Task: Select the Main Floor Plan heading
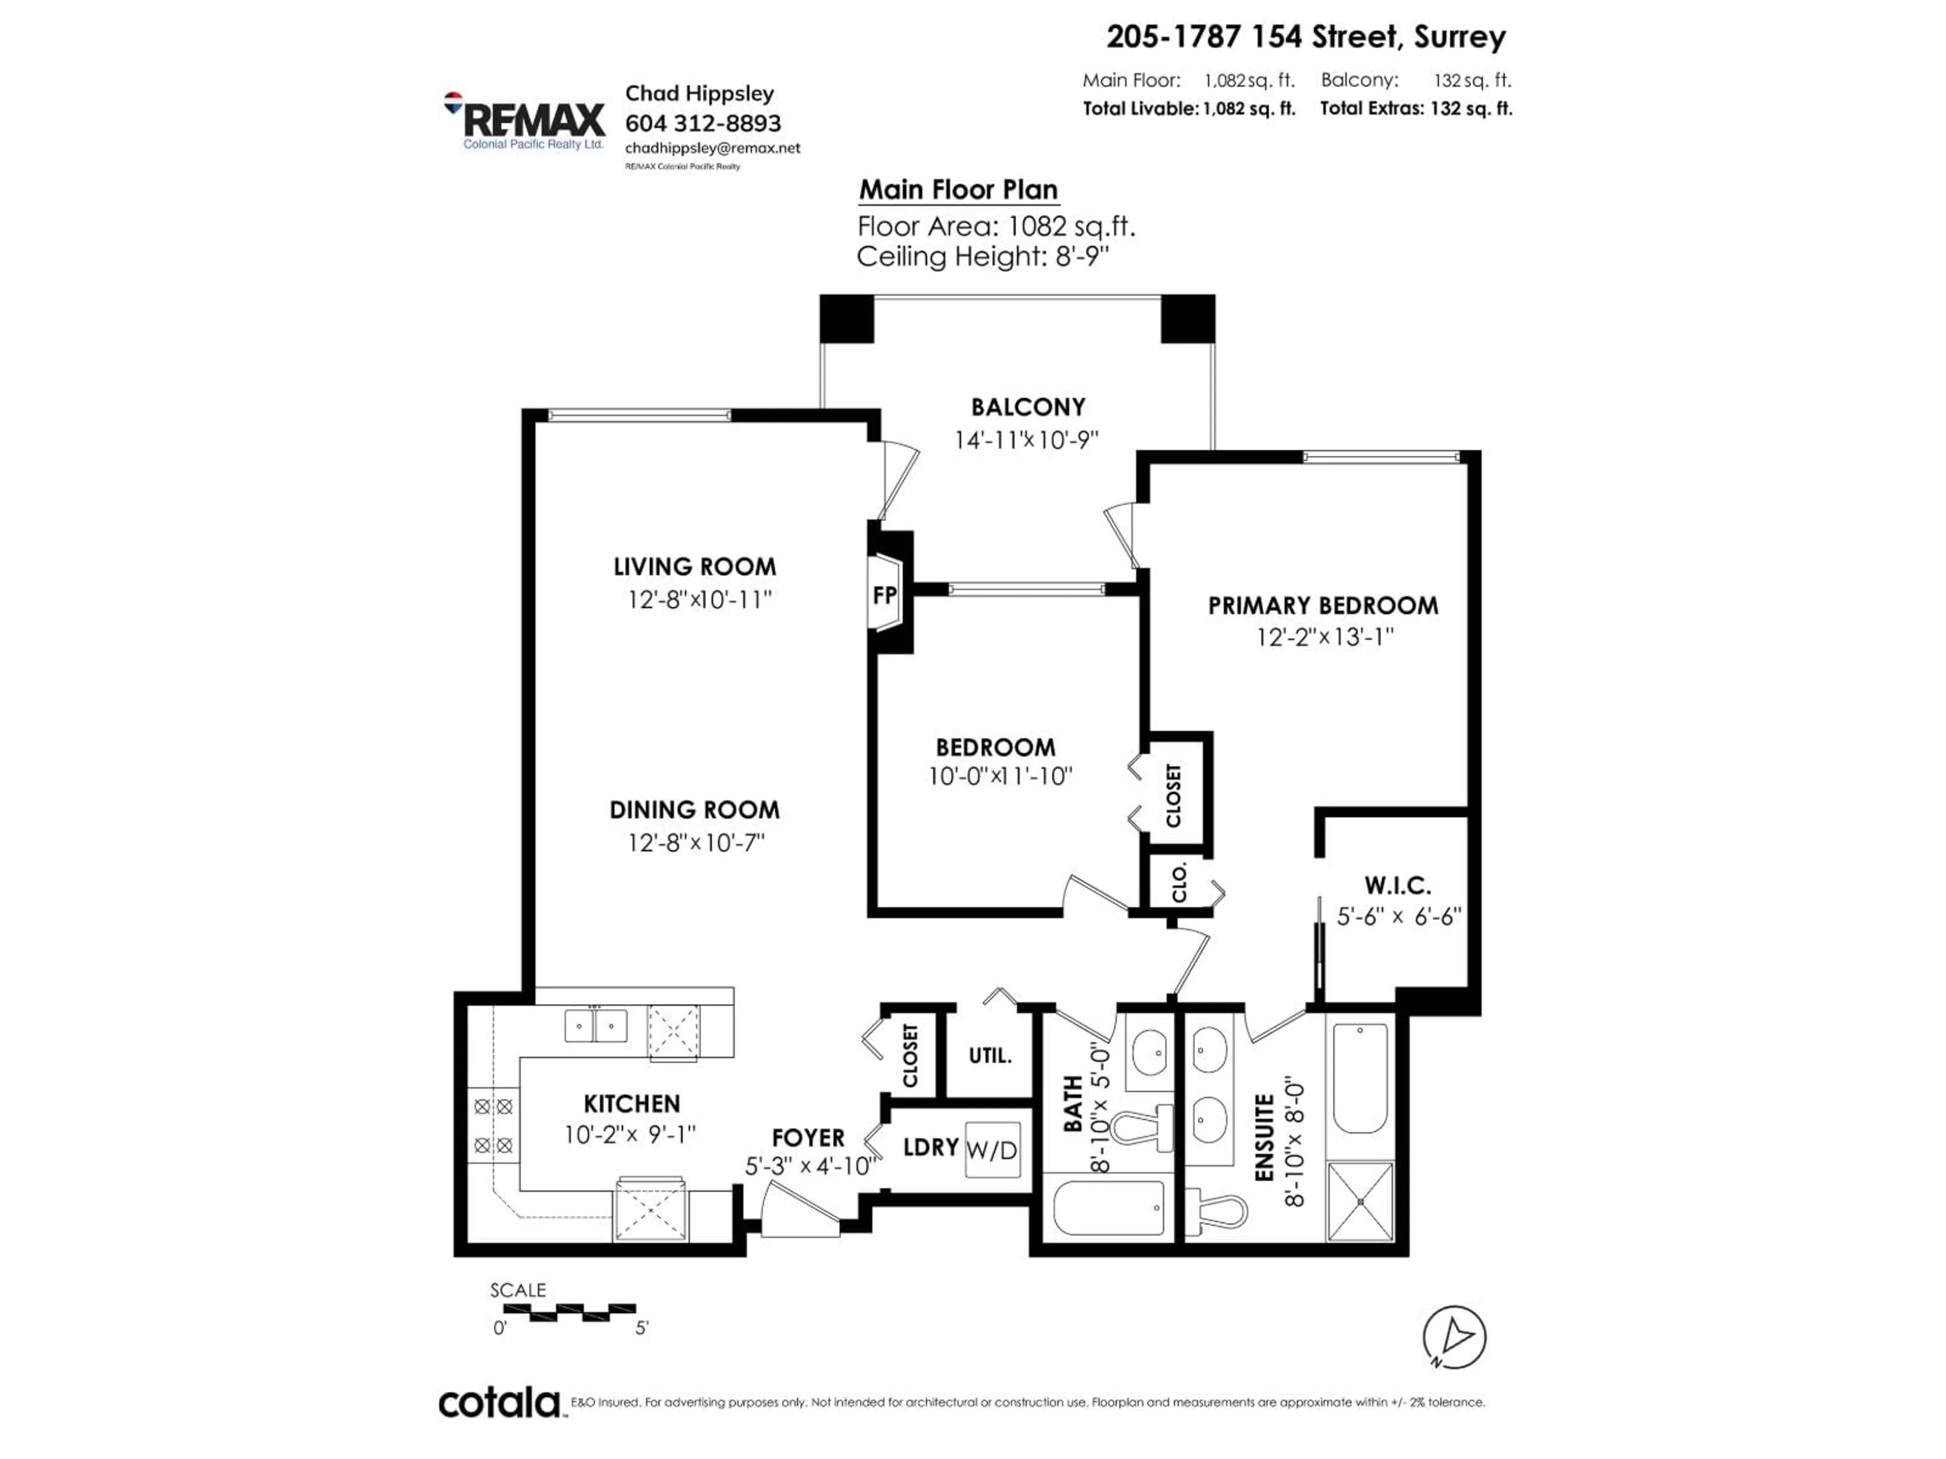(x=958, y=190)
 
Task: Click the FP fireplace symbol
(x=885, y=595)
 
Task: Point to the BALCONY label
(x=1028, y=407)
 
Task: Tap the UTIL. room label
(x=990, y=1055)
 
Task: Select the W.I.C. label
(x=1397, y=885)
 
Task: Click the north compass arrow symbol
(x=1454, y=1337)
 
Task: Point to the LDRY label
(x=930, y=1147)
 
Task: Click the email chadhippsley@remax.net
(x=713, y=148)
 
